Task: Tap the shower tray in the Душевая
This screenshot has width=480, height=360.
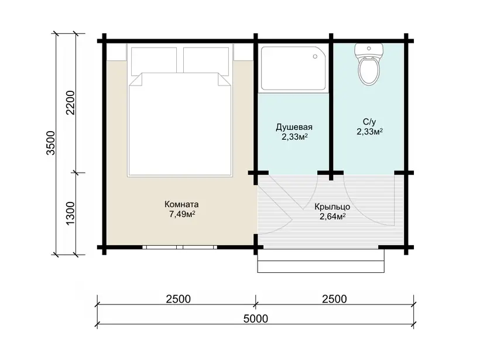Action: click(293, 68)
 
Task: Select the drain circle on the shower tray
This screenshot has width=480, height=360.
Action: click(315, 57)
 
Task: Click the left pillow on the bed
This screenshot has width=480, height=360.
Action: click(154, 61)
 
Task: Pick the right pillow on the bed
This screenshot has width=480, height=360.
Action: click(206, 61)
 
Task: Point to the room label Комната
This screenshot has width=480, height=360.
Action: click(181, 204)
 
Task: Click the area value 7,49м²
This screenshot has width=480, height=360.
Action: click(182, 214)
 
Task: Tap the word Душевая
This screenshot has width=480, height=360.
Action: click(294, 128)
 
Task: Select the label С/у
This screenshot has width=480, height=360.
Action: click(369, 122)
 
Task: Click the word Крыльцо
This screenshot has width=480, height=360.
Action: click(332, 207)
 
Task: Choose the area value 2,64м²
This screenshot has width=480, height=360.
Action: click(332, 217)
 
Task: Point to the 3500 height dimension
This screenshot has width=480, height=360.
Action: click(51, 143)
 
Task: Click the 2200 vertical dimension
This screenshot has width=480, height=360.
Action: click(70, 102)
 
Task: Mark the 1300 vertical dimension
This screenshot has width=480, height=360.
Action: click(70, 214)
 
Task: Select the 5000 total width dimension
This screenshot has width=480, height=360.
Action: click(256, 318)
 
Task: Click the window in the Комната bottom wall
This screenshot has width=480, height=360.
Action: click(180, 247)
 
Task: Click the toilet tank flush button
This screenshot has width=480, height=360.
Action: click(369, 49)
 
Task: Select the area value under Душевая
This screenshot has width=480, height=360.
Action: click(294, 137)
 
